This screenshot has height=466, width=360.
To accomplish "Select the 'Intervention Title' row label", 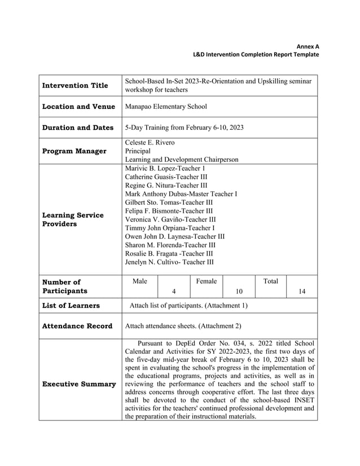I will (x=75, y=86).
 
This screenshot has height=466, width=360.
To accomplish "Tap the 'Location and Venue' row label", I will (x=78, y=107).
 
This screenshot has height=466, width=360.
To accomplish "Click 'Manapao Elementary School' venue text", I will (x=166, y=107).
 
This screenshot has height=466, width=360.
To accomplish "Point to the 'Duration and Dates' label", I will (x=78, y=128).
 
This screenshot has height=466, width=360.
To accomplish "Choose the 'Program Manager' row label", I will (x=74, y=151).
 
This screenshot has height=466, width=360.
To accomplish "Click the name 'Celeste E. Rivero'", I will (x=150, y=142).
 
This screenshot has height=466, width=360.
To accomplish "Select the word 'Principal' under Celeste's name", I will (x=138, y=151).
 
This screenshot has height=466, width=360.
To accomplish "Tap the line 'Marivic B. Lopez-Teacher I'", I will (x=165, y=169).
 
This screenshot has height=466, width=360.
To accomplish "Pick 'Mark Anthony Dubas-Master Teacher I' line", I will (x=181, y=194).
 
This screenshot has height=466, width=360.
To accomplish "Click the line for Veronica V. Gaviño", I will (x=170, y=219).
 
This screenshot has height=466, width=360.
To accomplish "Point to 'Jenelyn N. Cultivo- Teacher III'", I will (x=169, y=262).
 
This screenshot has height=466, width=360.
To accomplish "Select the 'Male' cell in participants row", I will (x=139, y=280).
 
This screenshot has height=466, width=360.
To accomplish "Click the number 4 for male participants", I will (x=174, y=292).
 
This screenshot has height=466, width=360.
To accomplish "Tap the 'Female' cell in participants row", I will (x=207, y=280).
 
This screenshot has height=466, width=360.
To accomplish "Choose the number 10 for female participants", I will (x=239, y=292).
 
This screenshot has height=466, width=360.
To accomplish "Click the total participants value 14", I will (x=302, y=292).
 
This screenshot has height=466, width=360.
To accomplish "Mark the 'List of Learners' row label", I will (x=71, y=306).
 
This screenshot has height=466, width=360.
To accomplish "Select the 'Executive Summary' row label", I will (x=79, y=384).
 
